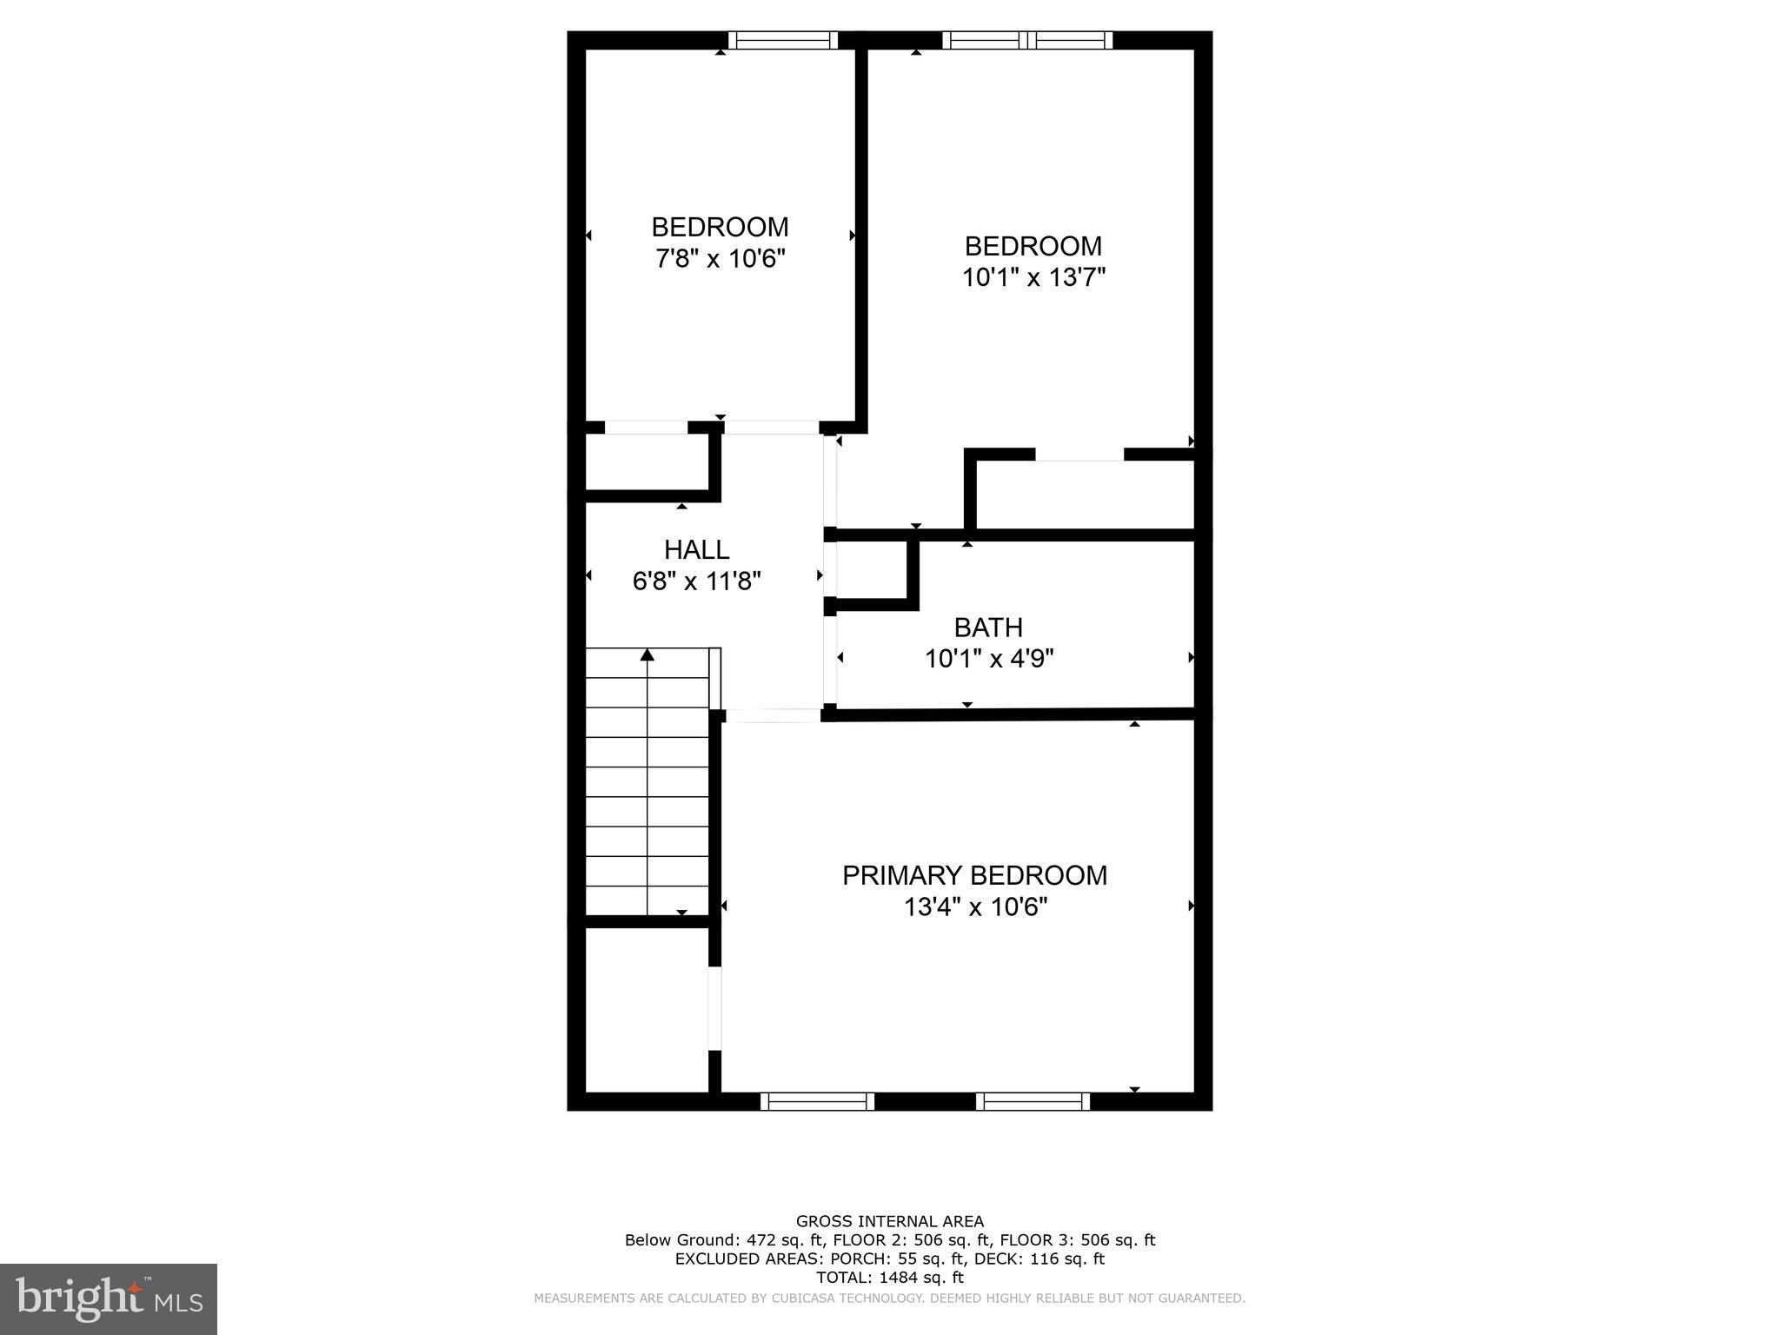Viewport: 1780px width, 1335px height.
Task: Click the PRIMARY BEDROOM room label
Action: [974, 875]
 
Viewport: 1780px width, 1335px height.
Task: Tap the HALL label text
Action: [696, 549]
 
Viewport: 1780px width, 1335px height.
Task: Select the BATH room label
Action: [988, 627]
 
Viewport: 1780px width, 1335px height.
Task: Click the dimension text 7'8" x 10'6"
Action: [720, 259]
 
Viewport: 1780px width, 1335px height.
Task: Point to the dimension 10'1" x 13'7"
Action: [1033, 277]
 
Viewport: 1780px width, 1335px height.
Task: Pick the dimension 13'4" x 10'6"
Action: [975, 907]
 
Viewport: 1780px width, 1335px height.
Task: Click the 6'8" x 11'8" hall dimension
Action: [696, 581]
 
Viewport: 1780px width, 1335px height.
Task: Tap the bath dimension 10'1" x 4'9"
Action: [989, 659]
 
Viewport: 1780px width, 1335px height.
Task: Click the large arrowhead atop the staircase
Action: [647, 654]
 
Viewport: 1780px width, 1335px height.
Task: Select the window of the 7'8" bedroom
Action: [782, 40]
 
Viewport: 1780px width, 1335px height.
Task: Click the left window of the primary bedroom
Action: [817, 1101]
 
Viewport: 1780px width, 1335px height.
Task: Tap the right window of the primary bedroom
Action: [1033, 1101]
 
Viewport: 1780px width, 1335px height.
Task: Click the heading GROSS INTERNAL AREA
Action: [890, 1222]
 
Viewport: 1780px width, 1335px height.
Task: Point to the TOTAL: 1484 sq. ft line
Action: [890, 1278]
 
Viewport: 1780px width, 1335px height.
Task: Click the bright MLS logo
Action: [109, 1298]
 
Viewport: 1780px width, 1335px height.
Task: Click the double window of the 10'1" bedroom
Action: [1027, 40]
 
